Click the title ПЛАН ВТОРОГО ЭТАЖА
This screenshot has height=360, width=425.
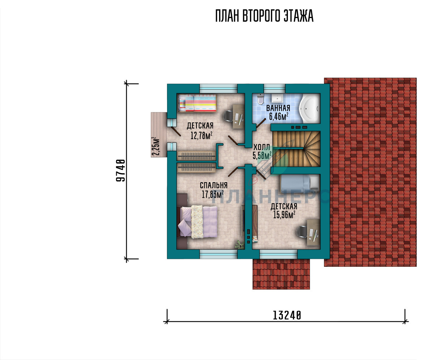coord(264,16)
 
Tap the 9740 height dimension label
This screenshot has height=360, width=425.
coord(121,170)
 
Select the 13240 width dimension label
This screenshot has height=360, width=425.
coord(287,315)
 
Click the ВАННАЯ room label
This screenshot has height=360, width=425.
coord(278,108)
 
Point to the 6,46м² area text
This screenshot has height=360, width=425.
coord(279,116)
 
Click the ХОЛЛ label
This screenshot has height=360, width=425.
coord(262,147)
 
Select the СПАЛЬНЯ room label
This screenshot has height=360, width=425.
coord(213,185)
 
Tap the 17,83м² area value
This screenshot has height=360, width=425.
coord(213,194)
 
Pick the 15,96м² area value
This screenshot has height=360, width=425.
coord(284,215)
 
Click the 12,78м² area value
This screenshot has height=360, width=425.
coord(201,135)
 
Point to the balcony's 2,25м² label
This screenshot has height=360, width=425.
coord(156,146)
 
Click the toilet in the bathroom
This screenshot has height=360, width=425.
coord(260,99)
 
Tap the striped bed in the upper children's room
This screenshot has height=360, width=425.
coord(197,103)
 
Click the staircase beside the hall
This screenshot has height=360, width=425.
coord(296,149)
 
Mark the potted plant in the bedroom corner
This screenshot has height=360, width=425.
coord(239,245)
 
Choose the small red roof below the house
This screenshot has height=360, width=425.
coord(281,274)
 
